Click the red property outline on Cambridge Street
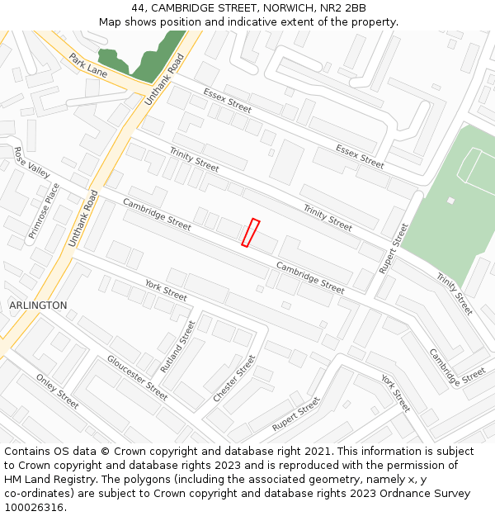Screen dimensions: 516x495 click(250, 233)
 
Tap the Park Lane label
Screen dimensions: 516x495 click(88, 65)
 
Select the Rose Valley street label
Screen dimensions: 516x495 click(32, 162)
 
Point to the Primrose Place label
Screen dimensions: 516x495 click(45, 212)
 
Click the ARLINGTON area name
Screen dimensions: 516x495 click(38, 305)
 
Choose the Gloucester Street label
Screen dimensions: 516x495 click(137, 378)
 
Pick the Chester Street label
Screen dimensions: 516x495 click(235, 379)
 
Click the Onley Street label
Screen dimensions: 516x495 click(57, 391)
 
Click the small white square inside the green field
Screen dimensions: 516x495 click(450, 201)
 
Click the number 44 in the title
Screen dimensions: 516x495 click(137, 8)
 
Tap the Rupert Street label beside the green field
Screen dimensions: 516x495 click(394, 249)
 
